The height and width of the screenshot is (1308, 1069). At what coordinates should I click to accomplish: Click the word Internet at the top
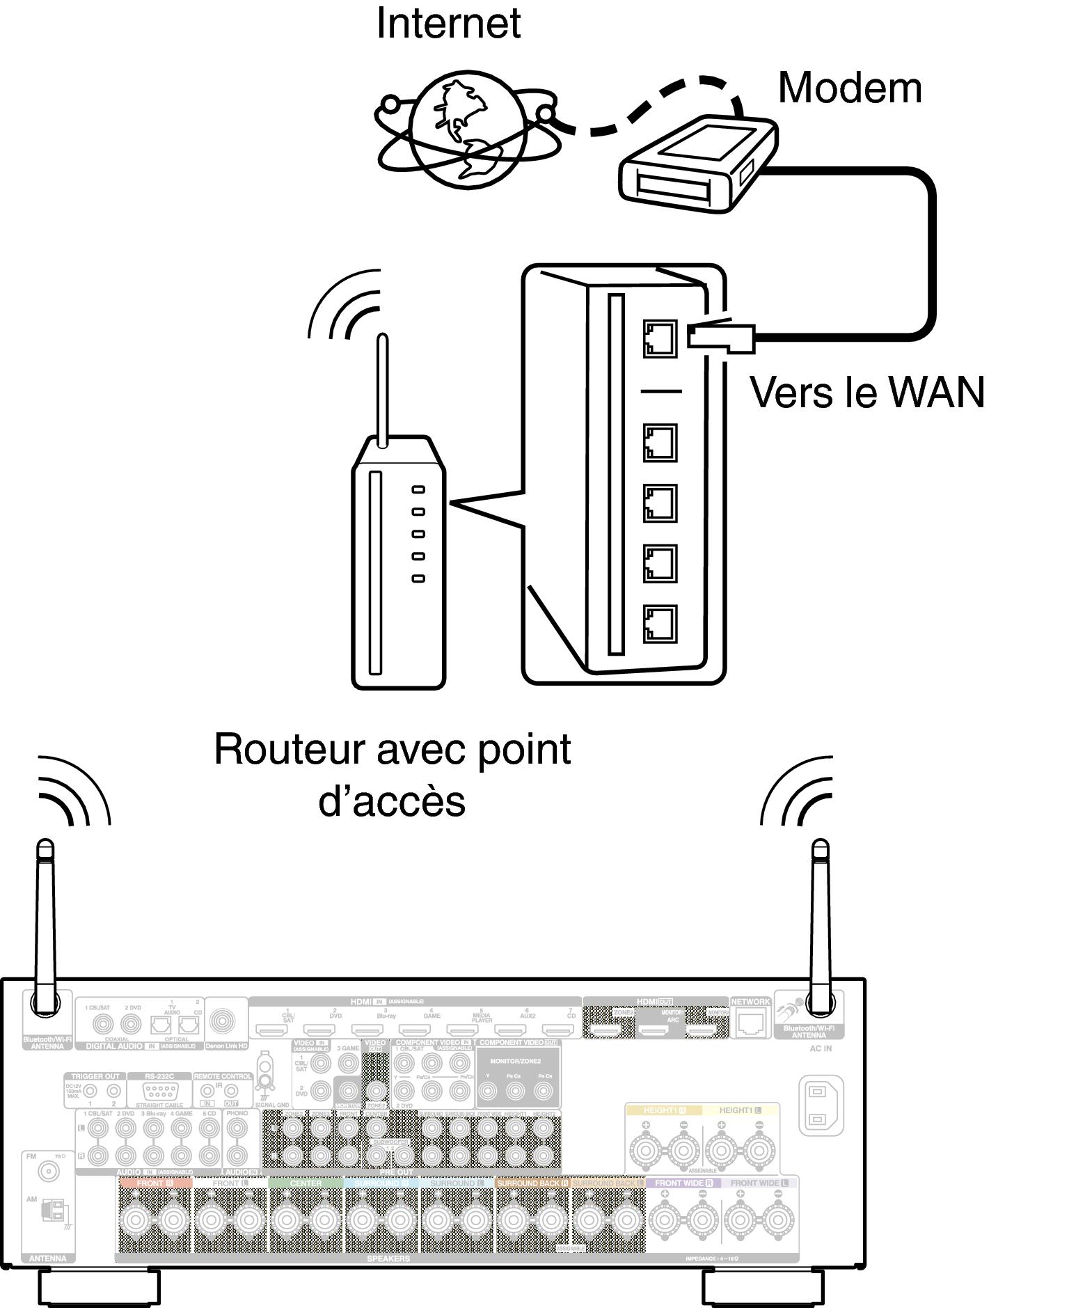[x=448, y=24]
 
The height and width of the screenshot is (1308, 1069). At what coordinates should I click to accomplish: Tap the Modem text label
[x=850, y=88]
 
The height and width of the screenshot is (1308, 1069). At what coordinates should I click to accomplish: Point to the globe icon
[x=467, y=130]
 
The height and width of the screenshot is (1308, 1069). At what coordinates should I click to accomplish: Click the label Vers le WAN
[x=866, y=393]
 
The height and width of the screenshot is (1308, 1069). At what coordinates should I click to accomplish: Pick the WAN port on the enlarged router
[x=660, y=339]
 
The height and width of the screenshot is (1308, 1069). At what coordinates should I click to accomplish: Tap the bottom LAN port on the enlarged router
[x=660, y=624]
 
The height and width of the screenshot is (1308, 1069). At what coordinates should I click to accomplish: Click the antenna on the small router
[x=382, y=390]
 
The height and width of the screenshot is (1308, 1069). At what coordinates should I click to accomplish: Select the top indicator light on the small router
[x=418, y=490]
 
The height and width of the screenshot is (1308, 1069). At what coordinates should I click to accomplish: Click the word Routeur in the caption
[x=290, y=750]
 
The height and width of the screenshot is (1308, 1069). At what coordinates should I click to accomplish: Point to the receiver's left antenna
[x=45, y=926]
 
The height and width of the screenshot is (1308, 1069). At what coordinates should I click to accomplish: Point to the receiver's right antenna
[x=821, y=926]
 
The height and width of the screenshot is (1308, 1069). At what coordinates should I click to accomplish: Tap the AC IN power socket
[x=821, y=1105]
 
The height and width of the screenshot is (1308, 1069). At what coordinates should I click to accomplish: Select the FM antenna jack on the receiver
[x=49, y=1172]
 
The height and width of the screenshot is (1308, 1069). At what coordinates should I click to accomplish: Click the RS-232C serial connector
[x=159, y=1092]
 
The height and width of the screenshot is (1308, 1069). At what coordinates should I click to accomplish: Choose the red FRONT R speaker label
[x=155, y=1183]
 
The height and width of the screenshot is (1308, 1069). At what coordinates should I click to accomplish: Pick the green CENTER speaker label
[x=306, y=1183]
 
